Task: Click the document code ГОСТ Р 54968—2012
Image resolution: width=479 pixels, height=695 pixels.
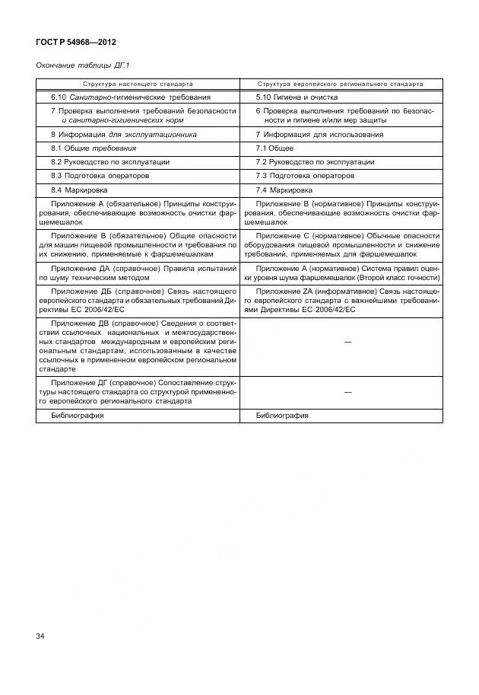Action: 76,42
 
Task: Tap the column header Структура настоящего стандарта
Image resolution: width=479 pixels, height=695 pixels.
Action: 138,84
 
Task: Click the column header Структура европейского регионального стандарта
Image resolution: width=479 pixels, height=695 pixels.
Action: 340,84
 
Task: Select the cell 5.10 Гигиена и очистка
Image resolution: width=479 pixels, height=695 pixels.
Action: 297,97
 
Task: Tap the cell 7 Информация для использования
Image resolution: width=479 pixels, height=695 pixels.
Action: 309,134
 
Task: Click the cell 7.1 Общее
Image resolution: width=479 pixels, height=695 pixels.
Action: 274,148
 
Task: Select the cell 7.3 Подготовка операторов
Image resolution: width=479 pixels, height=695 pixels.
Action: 305,175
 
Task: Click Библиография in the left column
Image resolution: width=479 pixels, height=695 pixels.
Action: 78,416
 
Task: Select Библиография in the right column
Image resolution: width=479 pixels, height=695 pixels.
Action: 282,416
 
